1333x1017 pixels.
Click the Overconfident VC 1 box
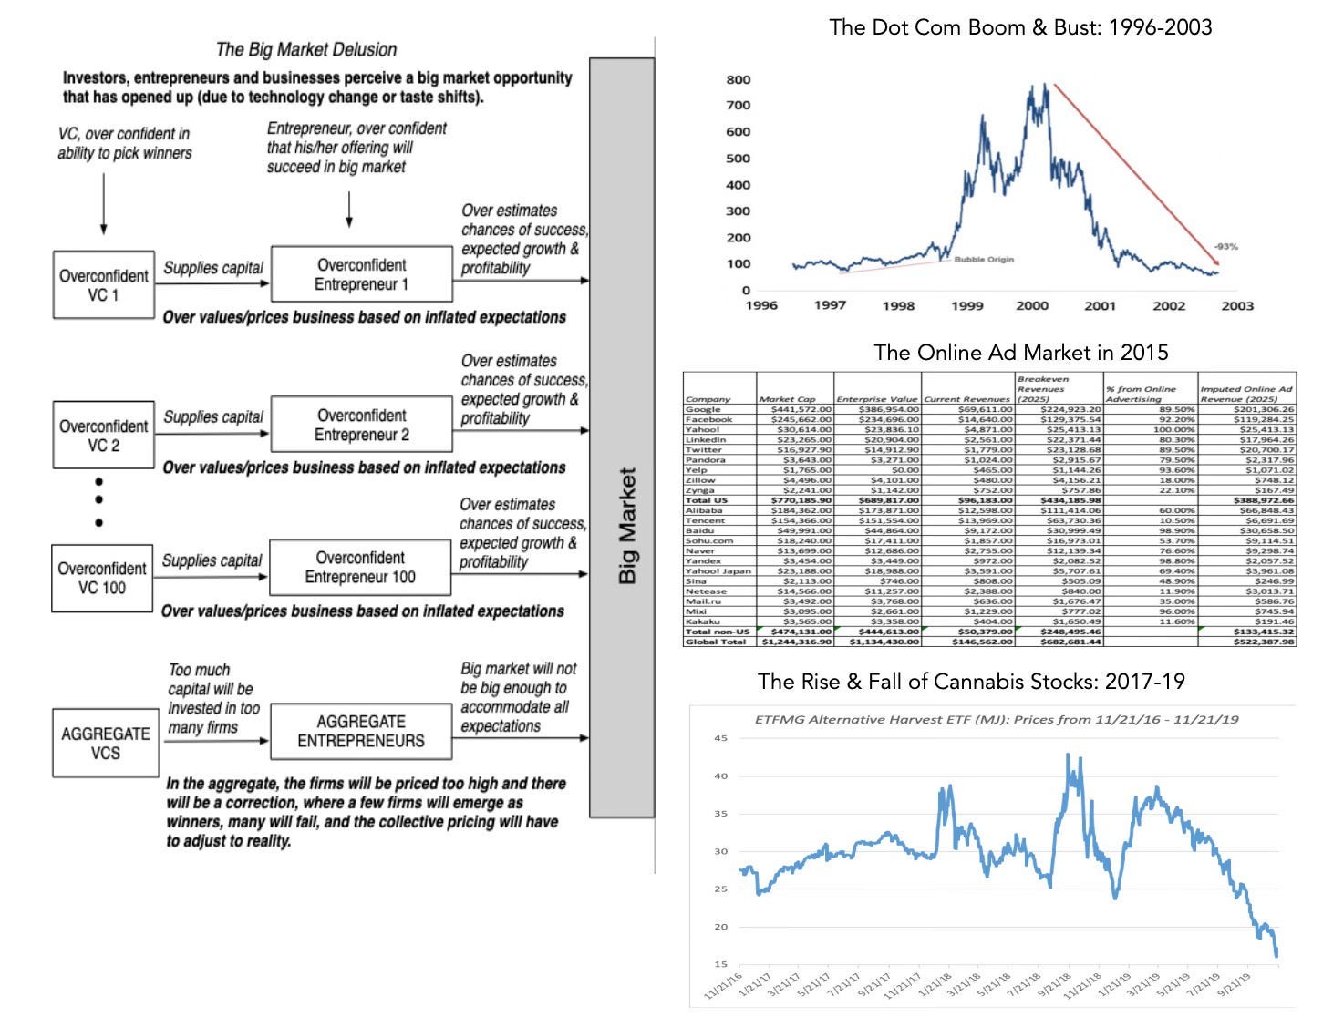[103, 284]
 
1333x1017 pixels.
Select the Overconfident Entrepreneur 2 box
[361, 425]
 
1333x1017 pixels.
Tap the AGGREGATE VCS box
[105, 743]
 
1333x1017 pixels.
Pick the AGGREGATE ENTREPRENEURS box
[360, 731]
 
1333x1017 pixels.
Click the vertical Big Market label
[626, 526]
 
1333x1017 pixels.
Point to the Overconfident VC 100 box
[101, 578]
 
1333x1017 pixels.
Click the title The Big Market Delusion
[306, 49]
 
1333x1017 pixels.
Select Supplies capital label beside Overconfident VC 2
[213, 417]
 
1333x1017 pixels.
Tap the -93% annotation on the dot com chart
[1225, 247]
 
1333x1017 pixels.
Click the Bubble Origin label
[984, 260]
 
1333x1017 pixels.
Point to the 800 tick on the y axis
[739, 79]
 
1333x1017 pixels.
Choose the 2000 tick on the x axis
[1032, 305]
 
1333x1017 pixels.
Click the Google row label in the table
[703, 410]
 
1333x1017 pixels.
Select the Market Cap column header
[780, 399]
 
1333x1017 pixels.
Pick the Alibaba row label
[705, 510]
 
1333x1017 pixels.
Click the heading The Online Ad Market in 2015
[1020, 353]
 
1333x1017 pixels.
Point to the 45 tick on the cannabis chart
[720, 738]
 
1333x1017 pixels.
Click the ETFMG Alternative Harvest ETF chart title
[997, 719]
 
